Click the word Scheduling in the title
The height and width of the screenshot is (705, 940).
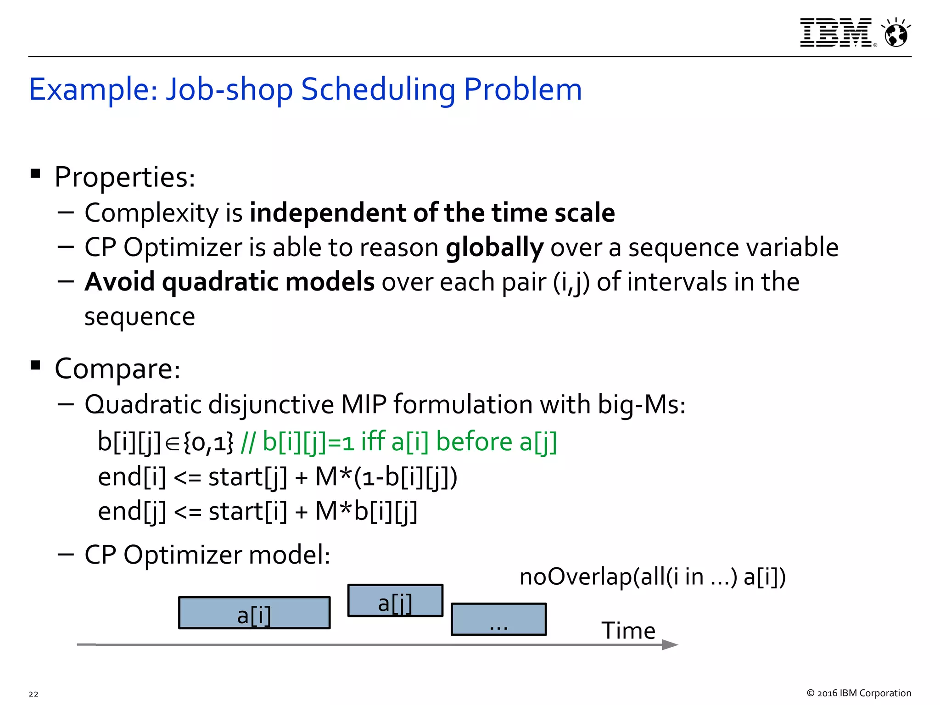tap(378, 89)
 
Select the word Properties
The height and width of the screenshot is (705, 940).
tap(124, 177)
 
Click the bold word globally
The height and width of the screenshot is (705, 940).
tap(495, 247)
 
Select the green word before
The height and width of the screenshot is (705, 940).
tap(474, 442)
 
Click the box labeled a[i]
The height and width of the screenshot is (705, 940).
tap(254, 612)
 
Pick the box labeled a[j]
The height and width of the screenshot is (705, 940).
tap(395, 600)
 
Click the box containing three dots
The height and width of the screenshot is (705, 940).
tap(498, 619)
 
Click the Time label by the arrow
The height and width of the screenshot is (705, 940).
tap(628, 631)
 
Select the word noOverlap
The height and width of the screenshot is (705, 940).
tap(576, 577)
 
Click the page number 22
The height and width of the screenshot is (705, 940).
tap(34, 694)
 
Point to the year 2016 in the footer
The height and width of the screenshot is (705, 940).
tap(827, 693)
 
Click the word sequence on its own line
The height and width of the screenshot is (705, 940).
tap(140, 316)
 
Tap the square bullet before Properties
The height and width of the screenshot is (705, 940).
tap(35, 173)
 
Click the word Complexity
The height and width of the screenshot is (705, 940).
tap(152, 213)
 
